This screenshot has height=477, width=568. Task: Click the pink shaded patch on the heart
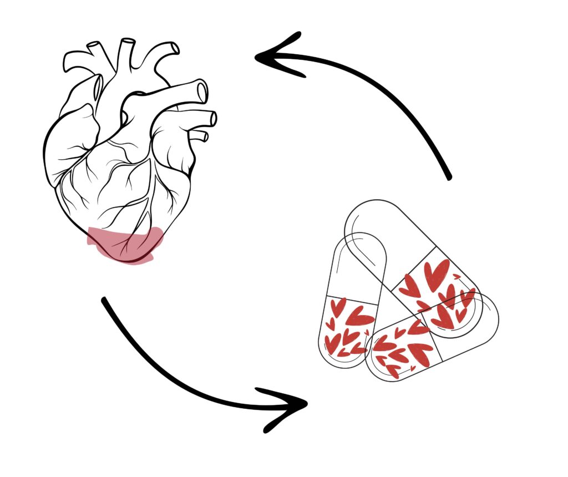coord(125,244)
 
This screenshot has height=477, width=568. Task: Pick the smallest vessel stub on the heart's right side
coord(203,135)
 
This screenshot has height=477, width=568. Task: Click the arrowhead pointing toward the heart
coord(277,55)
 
